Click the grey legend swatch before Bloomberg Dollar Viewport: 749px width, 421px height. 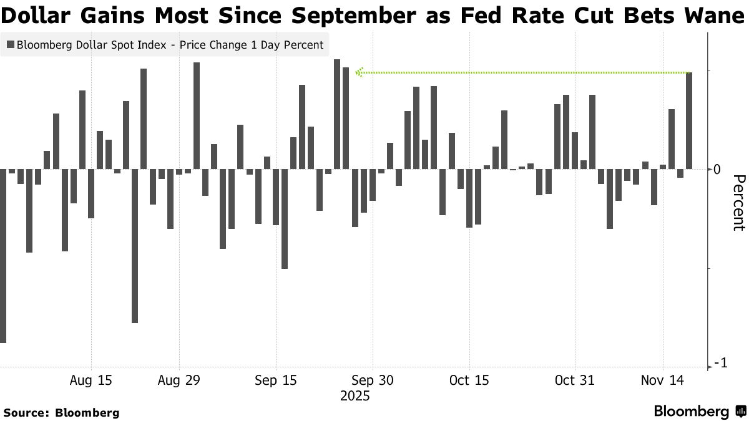coord(10,45)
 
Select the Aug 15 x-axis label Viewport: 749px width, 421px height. coord(91,380)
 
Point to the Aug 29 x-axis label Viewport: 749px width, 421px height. coord(179,380)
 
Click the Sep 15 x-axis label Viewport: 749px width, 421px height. coord(276,380)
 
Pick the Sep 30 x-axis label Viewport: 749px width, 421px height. coord(372,380)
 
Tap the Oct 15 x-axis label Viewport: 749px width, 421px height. coord(469,380)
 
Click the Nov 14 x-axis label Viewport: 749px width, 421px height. coord(662,380)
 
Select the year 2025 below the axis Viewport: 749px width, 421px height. coord(355,396)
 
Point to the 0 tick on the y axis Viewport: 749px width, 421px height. coord(717,170)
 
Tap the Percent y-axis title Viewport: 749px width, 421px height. coord(738,203)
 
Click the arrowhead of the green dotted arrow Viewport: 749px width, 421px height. coord(358,73)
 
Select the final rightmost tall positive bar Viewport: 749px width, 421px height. coord(689,120)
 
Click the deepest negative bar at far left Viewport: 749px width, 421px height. coord(2,256)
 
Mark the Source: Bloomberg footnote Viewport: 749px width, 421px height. coord(61,412)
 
